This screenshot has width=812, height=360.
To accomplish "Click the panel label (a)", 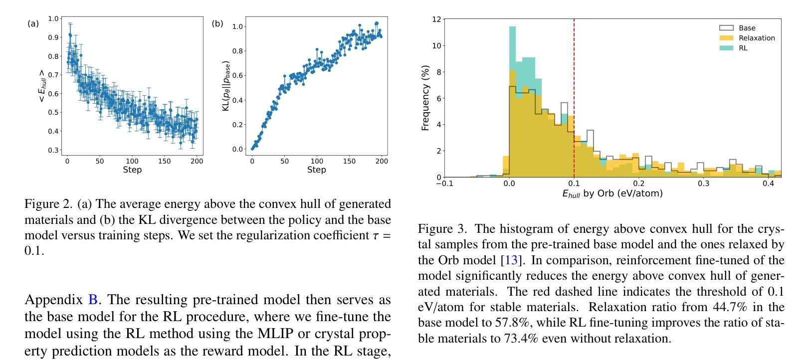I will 33,23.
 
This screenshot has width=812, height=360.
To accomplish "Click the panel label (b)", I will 217,23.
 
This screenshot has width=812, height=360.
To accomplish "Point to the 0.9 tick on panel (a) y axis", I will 53,37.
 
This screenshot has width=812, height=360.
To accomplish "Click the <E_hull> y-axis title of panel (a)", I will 41,86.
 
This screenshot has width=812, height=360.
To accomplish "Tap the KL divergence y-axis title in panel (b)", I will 226,86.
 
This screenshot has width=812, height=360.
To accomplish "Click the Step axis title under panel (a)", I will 132,170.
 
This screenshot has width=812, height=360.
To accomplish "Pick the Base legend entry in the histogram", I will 747,28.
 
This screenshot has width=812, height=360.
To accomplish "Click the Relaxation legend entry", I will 756,38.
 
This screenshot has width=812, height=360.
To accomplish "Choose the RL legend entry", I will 743,48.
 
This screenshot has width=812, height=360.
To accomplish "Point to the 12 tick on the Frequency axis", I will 436,19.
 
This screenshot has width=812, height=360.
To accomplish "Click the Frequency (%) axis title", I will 425,98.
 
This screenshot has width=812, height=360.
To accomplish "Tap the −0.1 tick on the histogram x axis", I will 444,183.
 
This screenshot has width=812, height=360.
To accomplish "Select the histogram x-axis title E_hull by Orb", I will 612,193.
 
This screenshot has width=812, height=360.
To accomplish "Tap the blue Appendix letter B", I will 93,300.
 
